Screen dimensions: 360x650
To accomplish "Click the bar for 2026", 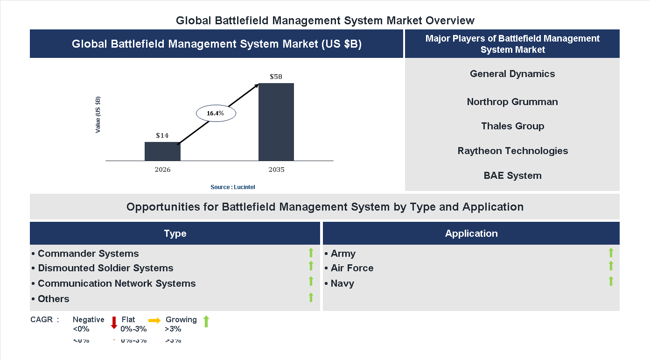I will [162, 151].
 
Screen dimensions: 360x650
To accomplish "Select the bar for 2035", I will [276, 122].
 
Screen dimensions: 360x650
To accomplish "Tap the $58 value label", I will [276, 77].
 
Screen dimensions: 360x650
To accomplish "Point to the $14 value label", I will [162, 135].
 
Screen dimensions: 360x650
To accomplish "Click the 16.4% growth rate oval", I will [216, 113].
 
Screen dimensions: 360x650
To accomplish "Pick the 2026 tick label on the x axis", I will [162, 169].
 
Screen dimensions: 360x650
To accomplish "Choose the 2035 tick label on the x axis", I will [276, 169].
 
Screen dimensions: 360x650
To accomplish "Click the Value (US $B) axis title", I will [98, 114].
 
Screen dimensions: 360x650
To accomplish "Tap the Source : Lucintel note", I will [233, 187].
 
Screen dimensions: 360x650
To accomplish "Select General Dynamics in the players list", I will [512, 74].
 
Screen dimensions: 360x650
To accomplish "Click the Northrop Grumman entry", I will [512, 102].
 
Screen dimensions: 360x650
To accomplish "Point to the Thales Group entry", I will [512, 126].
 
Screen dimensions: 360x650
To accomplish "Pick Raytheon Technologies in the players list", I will [512, 151].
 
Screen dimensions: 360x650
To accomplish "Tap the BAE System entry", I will [512, 176].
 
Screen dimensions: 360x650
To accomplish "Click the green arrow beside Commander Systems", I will [311, 253].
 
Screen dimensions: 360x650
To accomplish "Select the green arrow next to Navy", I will [611, 281].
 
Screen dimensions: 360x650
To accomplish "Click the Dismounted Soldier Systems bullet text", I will [105, 268].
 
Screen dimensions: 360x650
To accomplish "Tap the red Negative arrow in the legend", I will [114, 322].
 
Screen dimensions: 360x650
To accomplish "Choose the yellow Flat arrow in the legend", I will [154, 320].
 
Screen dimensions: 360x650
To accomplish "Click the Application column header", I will [471, 233].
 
